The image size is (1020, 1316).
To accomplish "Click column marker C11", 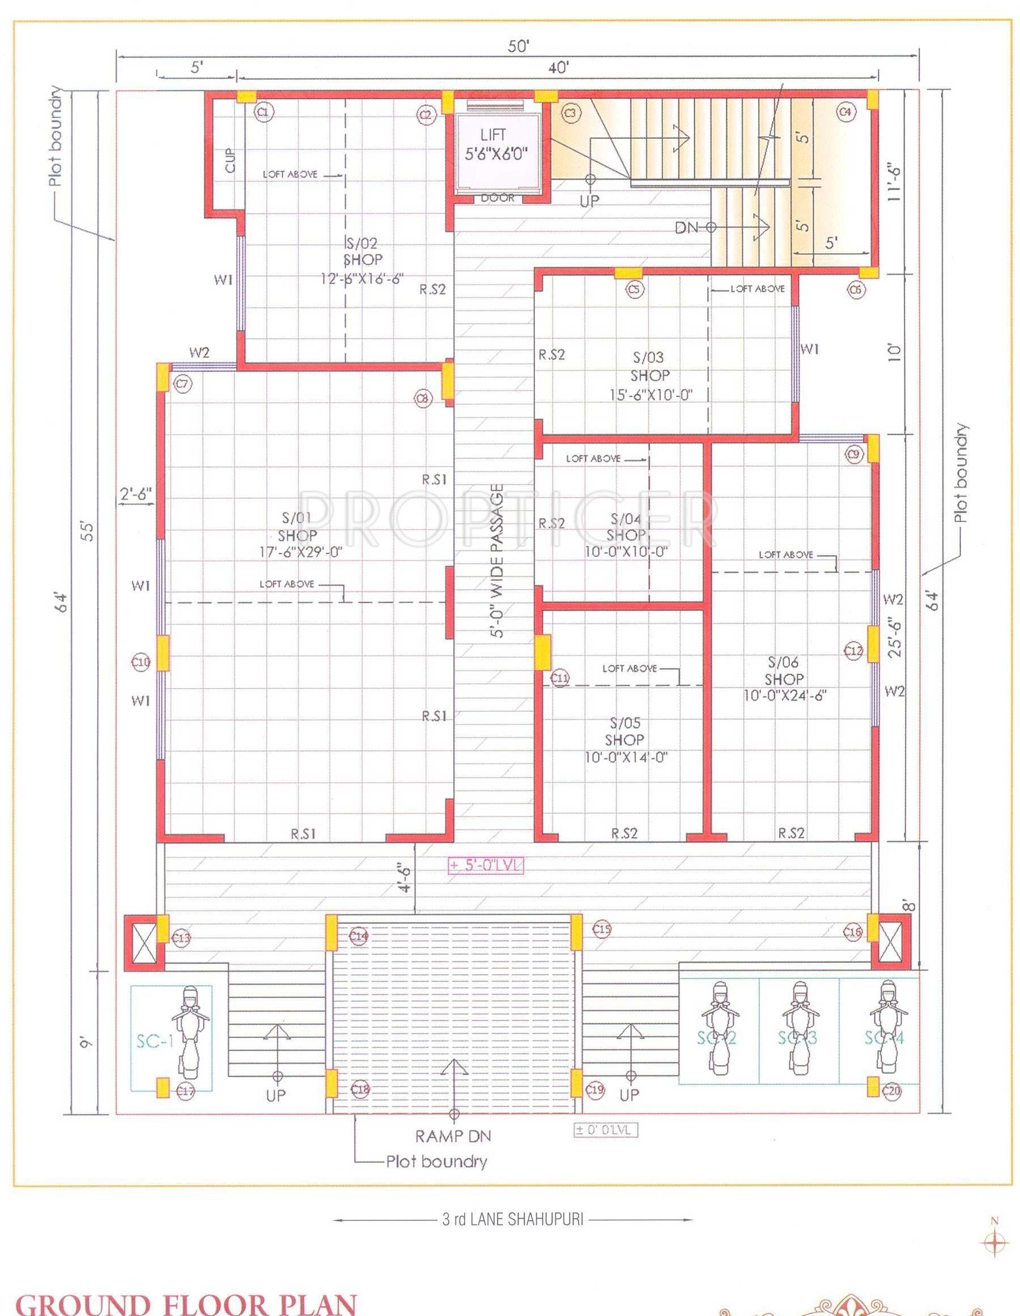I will click(x=560, y=678).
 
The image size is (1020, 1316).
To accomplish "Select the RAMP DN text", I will click(x=453, y=1136).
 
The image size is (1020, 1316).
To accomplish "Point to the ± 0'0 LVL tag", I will click(x=605, y=1130).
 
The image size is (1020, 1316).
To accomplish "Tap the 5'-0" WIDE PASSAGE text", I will click(x=497, y=561).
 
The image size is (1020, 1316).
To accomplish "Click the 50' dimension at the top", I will click(x=518, y=47).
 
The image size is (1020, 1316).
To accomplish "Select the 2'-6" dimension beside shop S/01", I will click(x=135, y=492).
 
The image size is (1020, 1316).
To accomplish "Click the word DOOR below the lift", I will click(x=498, y=198).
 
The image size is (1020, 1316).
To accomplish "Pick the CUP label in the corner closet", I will click(x=230, y=160).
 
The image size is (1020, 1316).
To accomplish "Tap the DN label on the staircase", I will click(x=686, y=227).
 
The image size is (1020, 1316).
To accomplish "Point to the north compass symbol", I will click(x=994, y=1241).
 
